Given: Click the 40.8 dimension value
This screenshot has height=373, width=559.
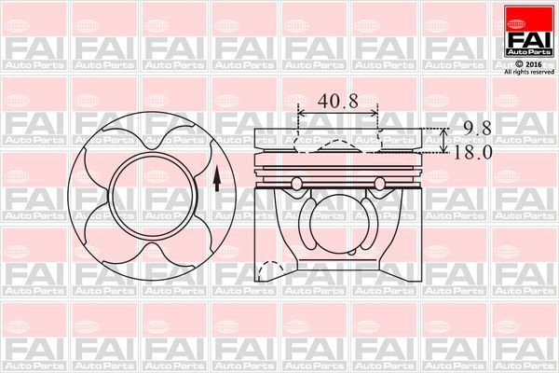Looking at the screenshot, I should pos(337,101).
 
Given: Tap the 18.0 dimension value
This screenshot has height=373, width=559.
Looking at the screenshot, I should pos(472,153).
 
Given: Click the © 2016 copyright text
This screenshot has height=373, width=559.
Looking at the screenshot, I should pos(526,62).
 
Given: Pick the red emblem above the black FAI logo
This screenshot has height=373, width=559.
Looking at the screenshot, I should pos(526,16).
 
